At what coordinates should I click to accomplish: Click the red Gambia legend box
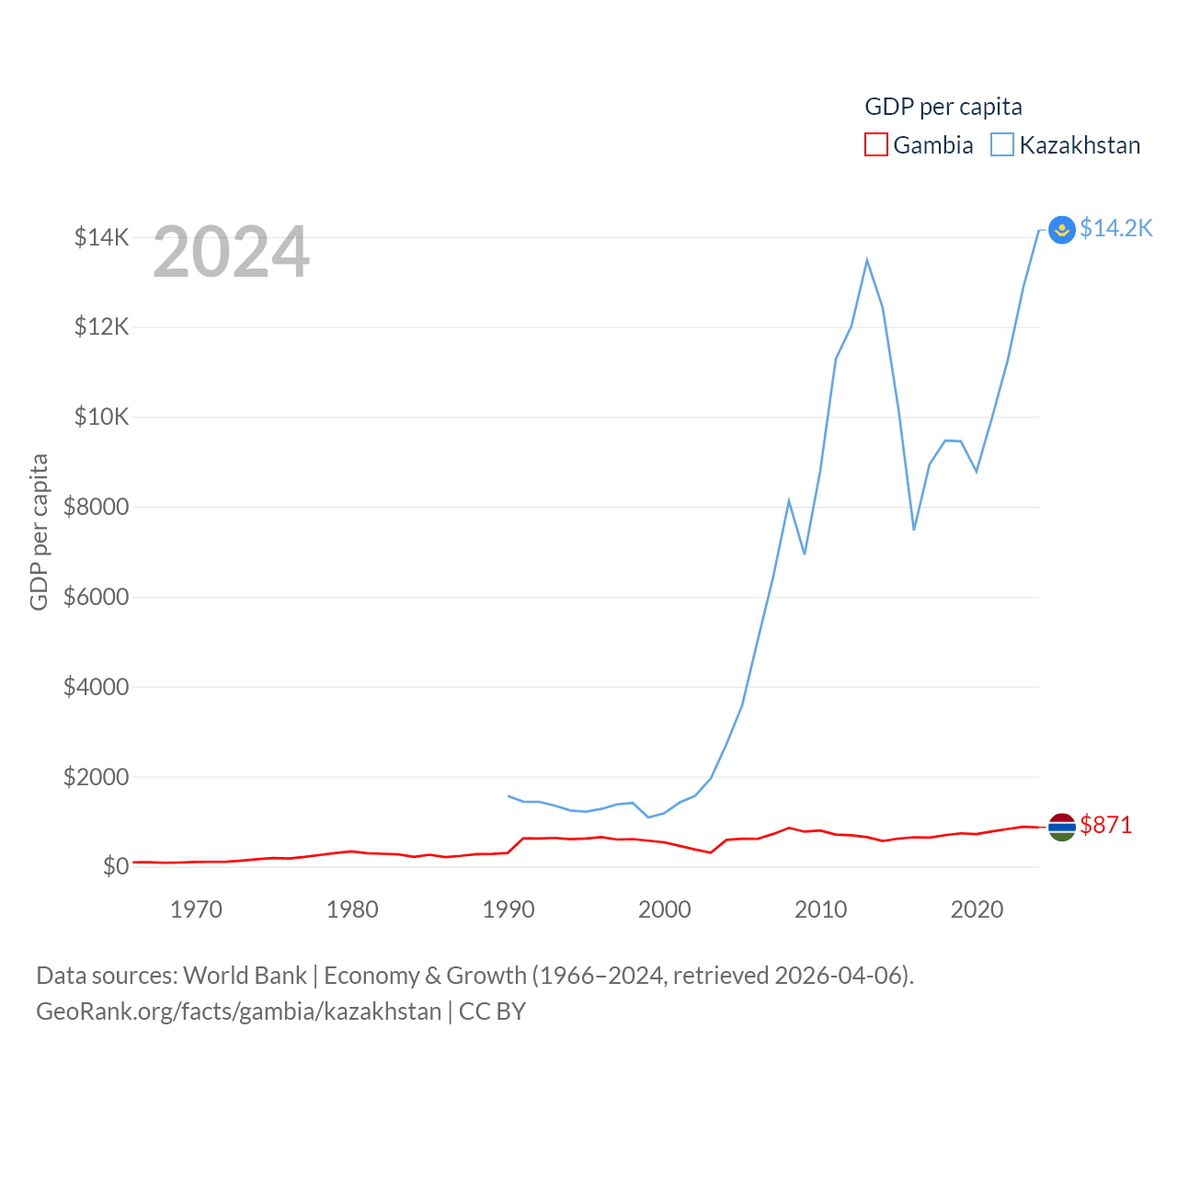(x=875, y=145)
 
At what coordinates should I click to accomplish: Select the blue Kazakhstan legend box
(x=1002, y=145)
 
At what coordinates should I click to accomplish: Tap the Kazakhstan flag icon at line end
(x=1062, y=229)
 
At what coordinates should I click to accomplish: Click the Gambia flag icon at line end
(x=1062, y=827)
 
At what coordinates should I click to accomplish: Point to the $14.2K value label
(x=1115, y=228)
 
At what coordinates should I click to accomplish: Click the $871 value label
(x=1105, y=825)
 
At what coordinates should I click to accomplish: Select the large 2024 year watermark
(x=231, y=252)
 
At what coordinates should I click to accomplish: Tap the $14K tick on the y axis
(x=102, y=238)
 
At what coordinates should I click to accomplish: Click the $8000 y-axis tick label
(x=96, y=507)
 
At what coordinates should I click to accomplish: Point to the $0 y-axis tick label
(x=115, y=866)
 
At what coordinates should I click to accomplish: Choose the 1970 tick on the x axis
(x=196, y=909)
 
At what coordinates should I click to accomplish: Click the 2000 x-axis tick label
(x=664, y=909)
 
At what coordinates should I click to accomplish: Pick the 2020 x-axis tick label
(x=977, y=909)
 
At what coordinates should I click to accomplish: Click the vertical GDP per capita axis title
(x=39, y=531)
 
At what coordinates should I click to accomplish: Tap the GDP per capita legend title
(x=943, y=107)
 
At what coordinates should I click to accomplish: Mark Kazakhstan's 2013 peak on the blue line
(x=866, y=260)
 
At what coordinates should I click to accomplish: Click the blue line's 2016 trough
(x=914, y=529)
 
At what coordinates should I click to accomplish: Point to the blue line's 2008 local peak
(x=789, y=501)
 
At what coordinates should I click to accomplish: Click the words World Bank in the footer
(x=245, y=976)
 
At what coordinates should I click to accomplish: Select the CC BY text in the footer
(x=492, y=1011)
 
